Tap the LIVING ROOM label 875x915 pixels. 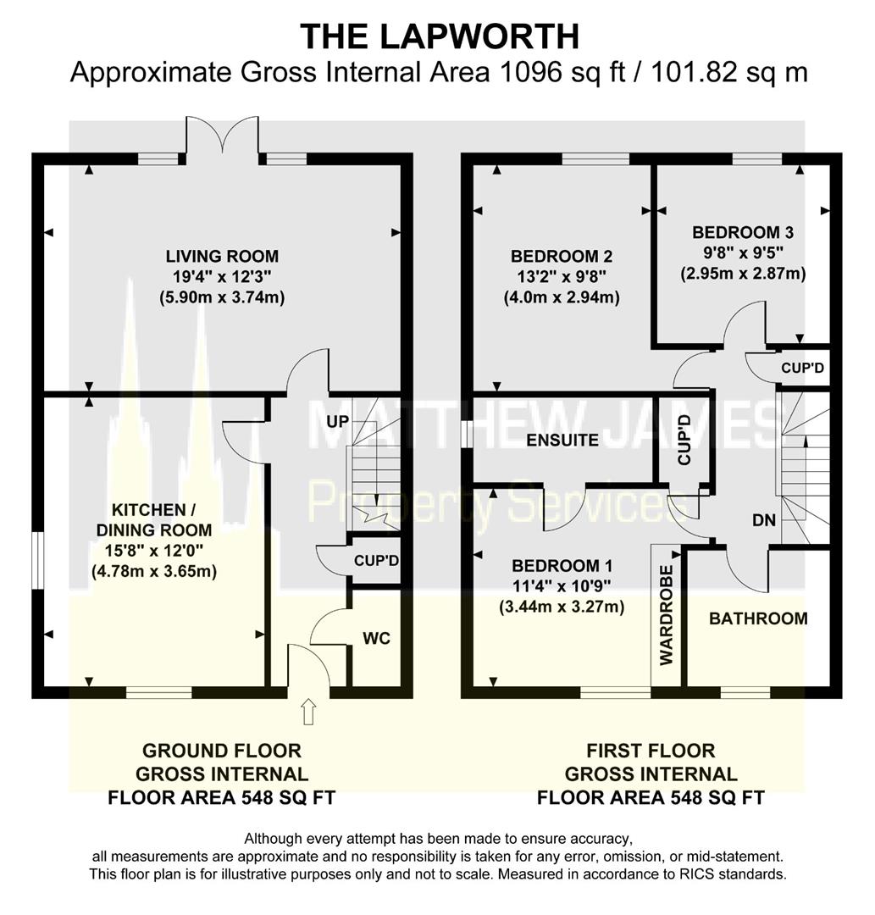(x=222, y=256)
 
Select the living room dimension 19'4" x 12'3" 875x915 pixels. (x=222, y=277)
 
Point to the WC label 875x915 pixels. (x=377, y=639)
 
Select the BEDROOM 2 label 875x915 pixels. (x=562, y=256)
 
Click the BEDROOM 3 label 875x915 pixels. (x=743, y=232)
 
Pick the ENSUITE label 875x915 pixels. (x=562, y=441)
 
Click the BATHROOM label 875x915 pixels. (x=758, y=618)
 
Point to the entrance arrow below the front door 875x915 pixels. (x=308, y=713)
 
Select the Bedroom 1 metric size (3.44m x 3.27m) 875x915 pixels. (x=562, y=607)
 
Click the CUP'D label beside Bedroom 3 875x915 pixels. (x=803, y=368)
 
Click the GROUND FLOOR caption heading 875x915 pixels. (x=222, y=751)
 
